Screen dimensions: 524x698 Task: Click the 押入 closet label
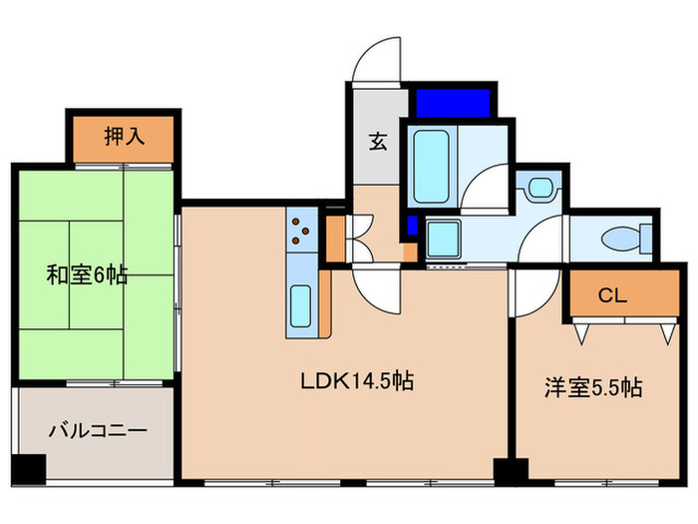tap(124, 137)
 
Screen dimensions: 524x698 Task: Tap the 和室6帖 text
tap(87, 274)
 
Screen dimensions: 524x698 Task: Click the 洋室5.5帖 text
tap(592, 388)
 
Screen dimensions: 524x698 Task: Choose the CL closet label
tap(611, 294)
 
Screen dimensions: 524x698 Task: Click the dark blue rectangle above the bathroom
tap(454, 102)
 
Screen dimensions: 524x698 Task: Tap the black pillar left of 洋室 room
tap(512, 469)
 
